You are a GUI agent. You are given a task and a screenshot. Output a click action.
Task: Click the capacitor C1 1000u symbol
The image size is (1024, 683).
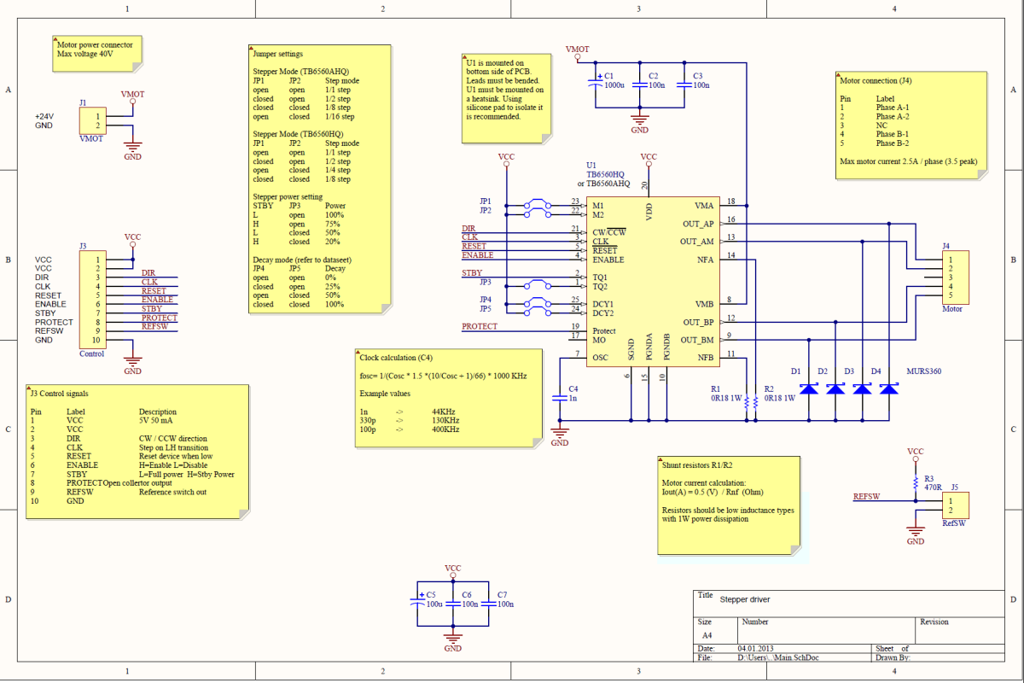click(596, 85)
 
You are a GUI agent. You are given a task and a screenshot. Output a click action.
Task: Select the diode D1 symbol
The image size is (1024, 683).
click(809, 389)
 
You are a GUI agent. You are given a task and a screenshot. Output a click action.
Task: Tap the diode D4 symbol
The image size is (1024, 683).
click(889, 389)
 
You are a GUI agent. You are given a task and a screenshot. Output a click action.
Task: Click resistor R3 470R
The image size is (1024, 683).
click(916, 483)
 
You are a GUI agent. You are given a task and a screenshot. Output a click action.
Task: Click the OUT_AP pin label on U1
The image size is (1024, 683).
click(697, 224)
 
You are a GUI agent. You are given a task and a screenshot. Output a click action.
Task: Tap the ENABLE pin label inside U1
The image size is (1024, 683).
click(608, 260)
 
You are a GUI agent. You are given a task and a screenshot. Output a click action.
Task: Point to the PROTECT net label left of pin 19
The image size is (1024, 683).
click(479, 326)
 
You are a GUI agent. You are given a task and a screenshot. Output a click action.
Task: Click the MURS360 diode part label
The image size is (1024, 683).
click(925, 371)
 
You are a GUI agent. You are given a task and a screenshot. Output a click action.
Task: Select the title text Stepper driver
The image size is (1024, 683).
click(744, 599)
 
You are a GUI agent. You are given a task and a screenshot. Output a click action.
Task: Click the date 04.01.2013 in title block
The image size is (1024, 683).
click(759, 648)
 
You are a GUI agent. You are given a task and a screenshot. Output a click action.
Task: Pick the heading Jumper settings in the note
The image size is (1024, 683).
click(278, 54)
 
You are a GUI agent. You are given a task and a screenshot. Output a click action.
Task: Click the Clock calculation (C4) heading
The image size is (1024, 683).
click(397, 358)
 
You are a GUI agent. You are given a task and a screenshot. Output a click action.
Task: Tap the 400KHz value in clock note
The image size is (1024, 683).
click(445, 429)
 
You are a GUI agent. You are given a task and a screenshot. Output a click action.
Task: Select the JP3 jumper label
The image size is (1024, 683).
click(485, 282)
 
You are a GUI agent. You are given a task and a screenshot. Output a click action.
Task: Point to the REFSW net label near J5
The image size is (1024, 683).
click(866, 496)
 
